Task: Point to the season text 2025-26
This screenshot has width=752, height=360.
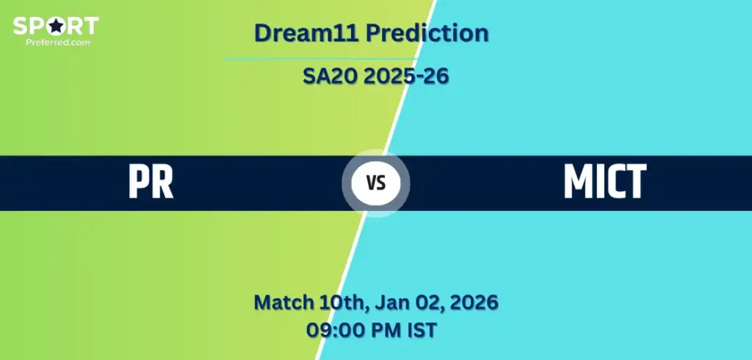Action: coord(405,76)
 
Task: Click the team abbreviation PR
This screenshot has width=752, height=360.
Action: coord(151,181)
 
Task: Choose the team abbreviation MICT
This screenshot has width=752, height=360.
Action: coord(605,181)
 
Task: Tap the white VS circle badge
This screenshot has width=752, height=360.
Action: coord(375,183)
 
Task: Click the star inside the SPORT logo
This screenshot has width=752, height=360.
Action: coord(56,26)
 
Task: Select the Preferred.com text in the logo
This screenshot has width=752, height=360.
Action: coord(58,42)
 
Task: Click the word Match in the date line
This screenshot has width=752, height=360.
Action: coord(285,303)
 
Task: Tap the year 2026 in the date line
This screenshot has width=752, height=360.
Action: coord(474,303)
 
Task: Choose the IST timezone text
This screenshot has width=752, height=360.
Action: coord(421,330)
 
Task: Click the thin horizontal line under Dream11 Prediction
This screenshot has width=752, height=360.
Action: coord(320,59)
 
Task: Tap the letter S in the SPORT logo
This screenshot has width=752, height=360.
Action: coord(20,26)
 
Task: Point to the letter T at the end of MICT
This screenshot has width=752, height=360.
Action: coord(637,181)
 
